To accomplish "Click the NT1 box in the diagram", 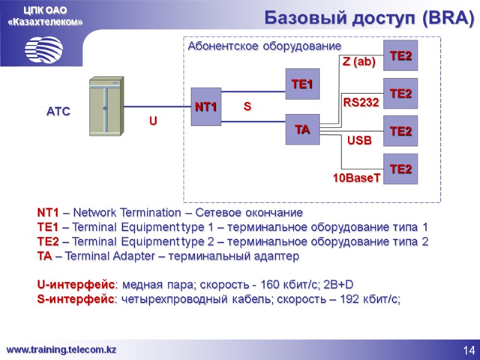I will coord(206,107).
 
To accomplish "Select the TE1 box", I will coord(302,85).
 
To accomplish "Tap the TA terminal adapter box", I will coord(302,129).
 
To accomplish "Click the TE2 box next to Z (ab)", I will coord(401,56).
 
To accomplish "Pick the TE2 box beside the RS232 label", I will coord(401,94).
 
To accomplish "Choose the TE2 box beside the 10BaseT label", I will coord(401,169).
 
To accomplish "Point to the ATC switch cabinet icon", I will coord(106,107).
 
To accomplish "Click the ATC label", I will coord(59,111).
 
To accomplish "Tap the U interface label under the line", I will coord(153,121).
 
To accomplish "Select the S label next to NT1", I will coord(247,107).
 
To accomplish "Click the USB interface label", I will coord(360,141).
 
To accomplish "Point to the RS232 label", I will coord(361,103).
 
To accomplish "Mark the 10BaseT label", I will coord(357,178).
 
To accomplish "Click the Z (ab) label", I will coord(359,62).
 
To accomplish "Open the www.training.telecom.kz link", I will coord(61,349).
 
